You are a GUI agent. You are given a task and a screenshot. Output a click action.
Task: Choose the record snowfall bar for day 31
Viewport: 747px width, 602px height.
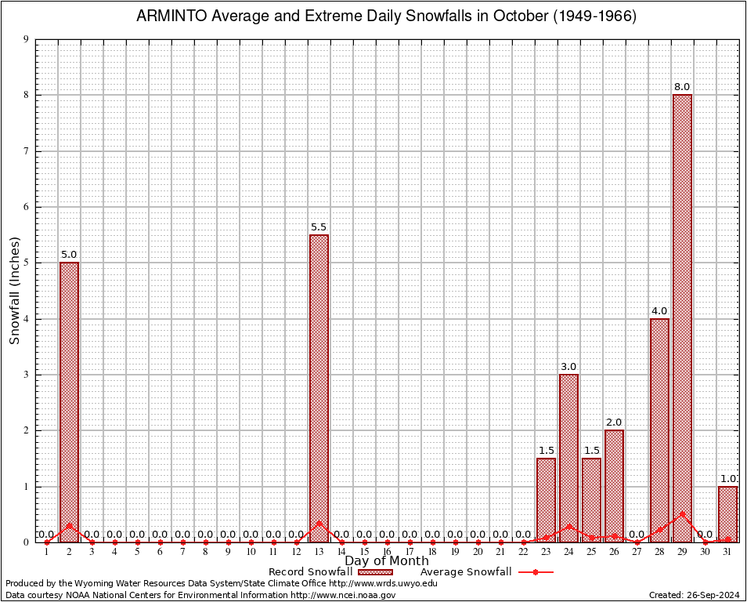727,513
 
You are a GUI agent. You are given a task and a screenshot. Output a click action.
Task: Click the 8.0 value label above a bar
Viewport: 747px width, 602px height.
682,87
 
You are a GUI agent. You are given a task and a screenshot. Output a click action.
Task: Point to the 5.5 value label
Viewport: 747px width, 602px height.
319,227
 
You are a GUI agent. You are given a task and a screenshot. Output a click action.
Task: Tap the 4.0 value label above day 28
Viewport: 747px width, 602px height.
659,311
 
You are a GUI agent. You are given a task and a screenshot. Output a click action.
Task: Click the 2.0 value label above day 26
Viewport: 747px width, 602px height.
614,422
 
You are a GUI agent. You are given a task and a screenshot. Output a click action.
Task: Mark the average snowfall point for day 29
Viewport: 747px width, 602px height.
682,514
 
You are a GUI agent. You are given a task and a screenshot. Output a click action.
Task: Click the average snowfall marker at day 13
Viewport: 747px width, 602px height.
319,523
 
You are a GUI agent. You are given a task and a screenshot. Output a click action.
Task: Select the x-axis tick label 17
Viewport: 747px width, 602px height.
410,553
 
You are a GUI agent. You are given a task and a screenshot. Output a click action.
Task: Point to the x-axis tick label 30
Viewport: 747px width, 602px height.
705,553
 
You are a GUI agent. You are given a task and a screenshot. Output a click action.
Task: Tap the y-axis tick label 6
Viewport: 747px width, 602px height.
27,207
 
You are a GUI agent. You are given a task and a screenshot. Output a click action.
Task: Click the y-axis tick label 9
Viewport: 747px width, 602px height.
27,39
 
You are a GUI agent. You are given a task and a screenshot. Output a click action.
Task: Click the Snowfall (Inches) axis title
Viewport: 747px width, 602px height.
14,292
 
